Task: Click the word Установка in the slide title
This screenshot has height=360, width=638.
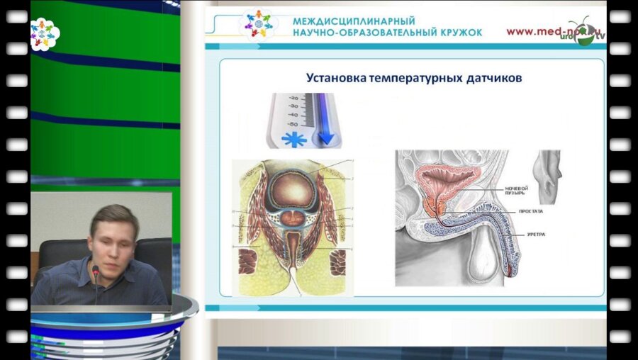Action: (x=335, y=78)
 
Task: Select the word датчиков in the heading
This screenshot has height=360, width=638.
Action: (x=496, y=78)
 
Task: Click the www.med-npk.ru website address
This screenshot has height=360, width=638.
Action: (x=546, y=31)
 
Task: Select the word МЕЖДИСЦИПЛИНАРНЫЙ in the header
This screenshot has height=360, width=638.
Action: (x=354, y=21)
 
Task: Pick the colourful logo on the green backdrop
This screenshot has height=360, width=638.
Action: (x=45, y=33)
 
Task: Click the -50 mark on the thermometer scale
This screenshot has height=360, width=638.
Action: (x=291, y=123)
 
